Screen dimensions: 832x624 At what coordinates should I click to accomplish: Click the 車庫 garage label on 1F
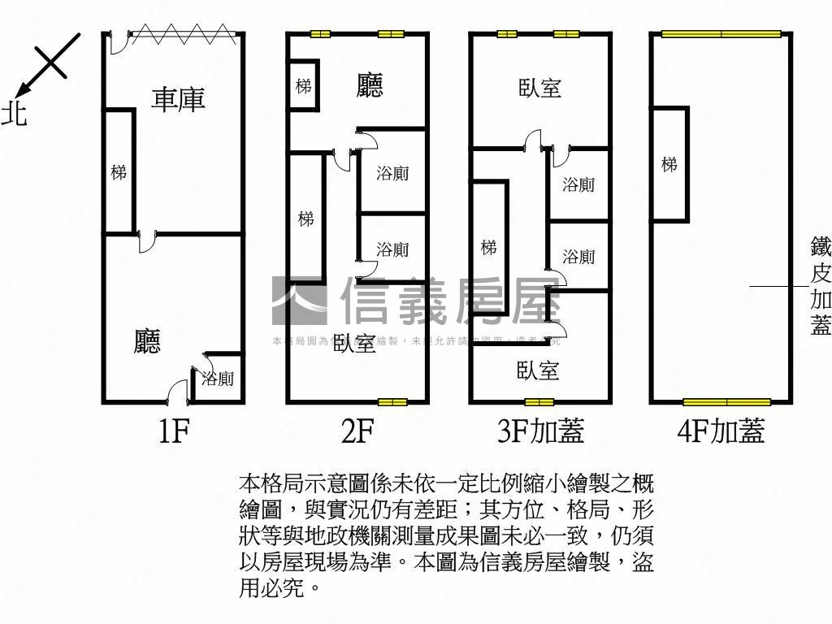(x=179, y=99)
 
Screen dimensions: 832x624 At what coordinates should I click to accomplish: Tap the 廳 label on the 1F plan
(x=147, y=340)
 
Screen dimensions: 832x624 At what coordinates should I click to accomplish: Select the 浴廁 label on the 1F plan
(x=218, y=378)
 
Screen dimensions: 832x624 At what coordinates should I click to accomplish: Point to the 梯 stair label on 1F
(x=119, y=172)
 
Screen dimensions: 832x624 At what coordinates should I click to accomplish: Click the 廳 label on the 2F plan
(x=370, y=85)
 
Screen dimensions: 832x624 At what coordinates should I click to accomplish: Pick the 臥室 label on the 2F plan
(x=355, y=344)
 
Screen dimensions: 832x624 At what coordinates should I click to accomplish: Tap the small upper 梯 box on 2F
(x=304, y=85)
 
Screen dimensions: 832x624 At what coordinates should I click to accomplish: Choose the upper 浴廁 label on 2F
(x=392, y=173)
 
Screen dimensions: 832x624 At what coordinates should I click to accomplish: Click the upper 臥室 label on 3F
(x=540, y=88)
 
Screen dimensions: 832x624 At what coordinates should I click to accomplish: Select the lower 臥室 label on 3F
(x=538, y=371)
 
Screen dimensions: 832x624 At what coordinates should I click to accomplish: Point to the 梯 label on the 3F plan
(x=488, y=247)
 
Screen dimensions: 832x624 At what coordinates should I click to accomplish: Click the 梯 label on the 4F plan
(x=669, y=165)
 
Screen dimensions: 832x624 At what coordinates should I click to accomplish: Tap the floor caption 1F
(x=173, y=431)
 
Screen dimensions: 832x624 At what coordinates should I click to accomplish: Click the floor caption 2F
(x=357, y=431)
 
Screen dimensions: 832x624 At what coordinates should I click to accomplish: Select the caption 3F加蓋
(x=540, y=431)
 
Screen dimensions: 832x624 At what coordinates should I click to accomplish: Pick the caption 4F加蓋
(x=721, y=431)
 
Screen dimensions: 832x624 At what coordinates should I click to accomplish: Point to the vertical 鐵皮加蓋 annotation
(x=821, y=285)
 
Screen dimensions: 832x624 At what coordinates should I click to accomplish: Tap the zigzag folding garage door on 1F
(x=183, y=33)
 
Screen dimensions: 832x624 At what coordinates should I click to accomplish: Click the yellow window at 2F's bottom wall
(x=392, y=402)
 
